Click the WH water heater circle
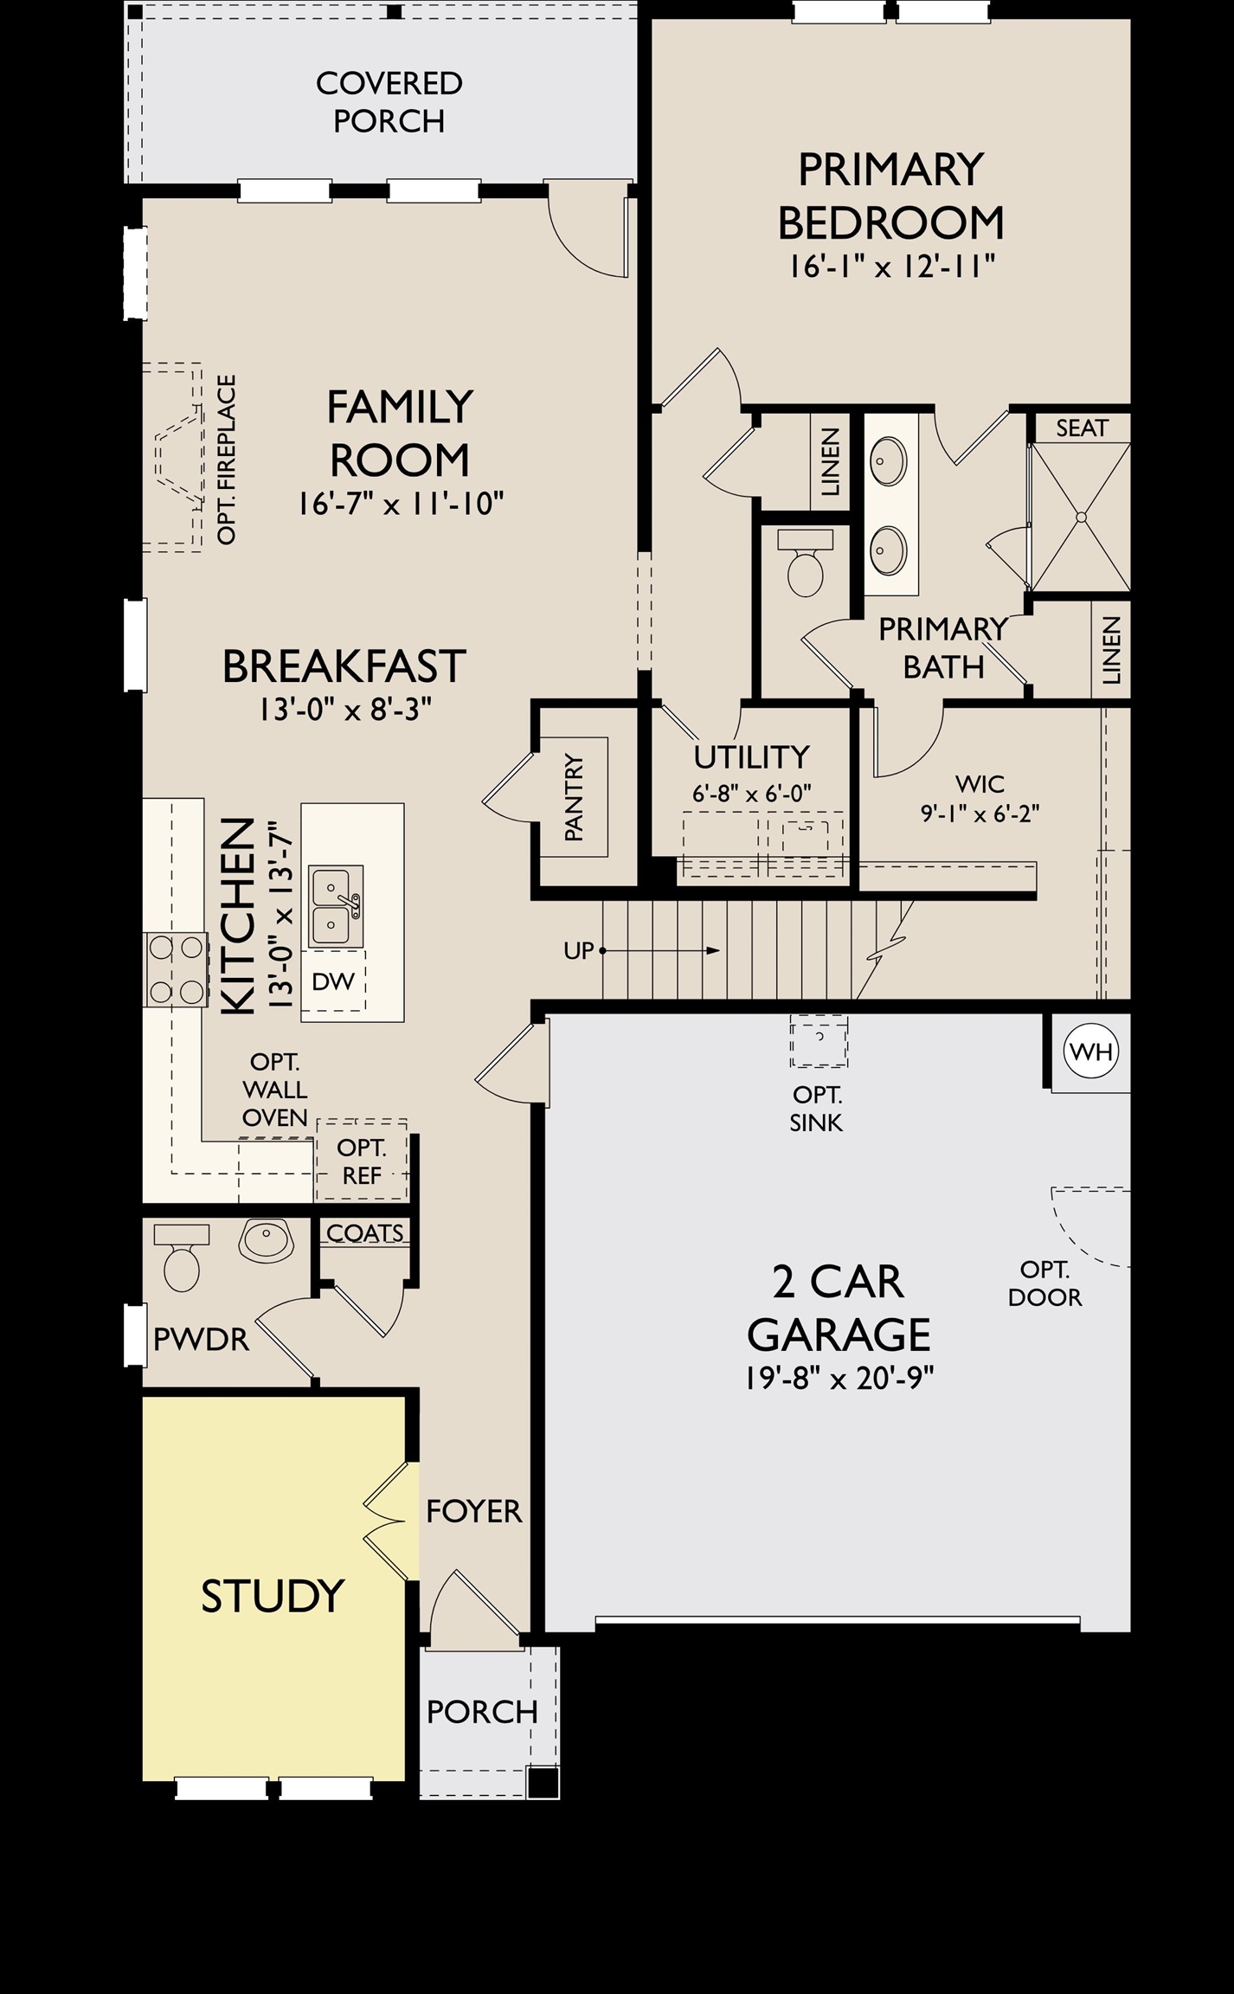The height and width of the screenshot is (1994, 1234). pyautogui.click(x=1091, y=1052)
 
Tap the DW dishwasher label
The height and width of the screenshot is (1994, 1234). pyautogui.click(x=333, y=981)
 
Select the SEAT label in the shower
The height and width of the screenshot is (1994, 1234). pyautogui.click(x=1082, y=428)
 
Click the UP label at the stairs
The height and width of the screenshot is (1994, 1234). pyautogui.click(x=579, y=950)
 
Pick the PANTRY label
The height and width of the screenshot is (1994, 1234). pyautogui.click(x=574, y=797)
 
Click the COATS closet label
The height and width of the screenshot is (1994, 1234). pyautogui.click(x=364, y=1232)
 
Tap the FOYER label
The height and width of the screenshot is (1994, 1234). pyautogui.click(x=474, y=1511)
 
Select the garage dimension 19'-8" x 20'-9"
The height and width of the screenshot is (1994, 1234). pyautogui.click(x=839, y=1378)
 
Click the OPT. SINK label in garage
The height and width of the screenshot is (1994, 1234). pyautogui.click(x=817, y=1109)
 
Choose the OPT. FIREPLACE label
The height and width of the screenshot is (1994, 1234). pyautogui.click(x=227, y=460)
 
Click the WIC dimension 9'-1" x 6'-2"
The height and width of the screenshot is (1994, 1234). pyautogui.click(x=980, y=814)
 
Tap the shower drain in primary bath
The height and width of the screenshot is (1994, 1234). pyautogui.click(x=1081, y=517)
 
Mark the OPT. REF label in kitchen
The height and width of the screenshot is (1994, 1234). pyautogui.click(x=361, y=1161)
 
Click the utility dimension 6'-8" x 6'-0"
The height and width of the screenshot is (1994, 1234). pyautogui.click(x=751, y=793)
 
